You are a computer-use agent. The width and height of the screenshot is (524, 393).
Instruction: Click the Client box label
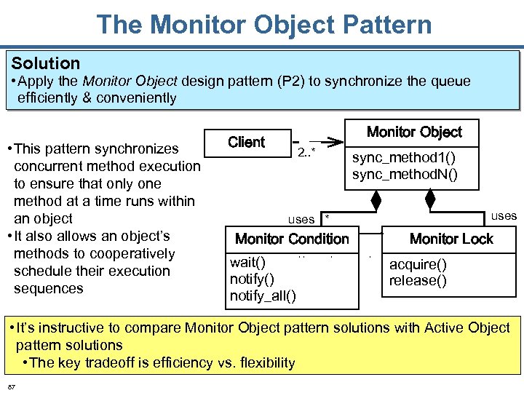(246, 142)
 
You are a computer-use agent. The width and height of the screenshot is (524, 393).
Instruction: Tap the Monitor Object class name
(414, 132)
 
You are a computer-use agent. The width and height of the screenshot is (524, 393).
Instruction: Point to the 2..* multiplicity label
(306, 152)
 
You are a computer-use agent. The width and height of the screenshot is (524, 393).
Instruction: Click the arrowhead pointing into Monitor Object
(333, 141)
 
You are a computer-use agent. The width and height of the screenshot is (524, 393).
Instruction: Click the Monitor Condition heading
(292, 239)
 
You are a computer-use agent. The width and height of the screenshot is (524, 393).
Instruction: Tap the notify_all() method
(263, 295)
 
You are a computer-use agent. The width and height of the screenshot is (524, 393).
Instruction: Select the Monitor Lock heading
(451, 239)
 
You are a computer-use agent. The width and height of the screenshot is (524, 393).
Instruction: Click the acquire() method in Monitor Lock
(418, 264)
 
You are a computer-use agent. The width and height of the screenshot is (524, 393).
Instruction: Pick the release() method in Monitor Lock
(418, 281)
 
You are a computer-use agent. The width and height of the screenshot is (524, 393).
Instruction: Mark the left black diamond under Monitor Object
(376, 198)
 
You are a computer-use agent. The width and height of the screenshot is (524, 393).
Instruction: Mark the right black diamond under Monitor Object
(430, 198)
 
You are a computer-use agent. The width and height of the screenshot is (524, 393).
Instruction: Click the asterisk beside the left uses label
(327, 218)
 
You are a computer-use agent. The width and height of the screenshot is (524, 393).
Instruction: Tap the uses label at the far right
(504, 215)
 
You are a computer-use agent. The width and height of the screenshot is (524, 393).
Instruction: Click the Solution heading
(45, 63)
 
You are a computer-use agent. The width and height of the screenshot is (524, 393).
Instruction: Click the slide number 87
(12, 384)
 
